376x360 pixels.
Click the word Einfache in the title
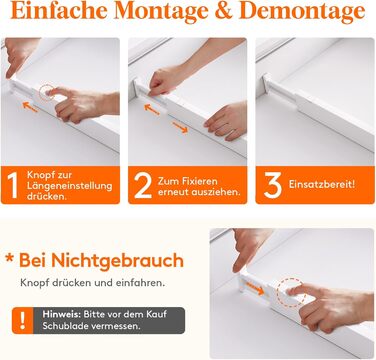click(60, 10)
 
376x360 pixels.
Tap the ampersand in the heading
click(224, 11)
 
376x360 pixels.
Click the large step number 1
click(12, 186)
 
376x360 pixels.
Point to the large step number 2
click(143, 186)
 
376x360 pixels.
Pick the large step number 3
click(272, 185)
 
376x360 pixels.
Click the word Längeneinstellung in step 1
click(69, 186)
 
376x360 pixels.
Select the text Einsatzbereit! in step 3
click(322, 184)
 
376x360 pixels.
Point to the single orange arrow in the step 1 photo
click(30, 107)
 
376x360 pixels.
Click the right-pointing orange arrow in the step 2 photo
click(180, 127)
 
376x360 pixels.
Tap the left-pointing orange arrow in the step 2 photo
click(152, 109)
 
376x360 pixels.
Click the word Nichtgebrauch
click(117, 260)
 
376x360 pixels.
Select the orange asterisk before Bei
click(9, 258)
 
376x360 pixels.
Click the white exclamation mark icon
click(22, 320)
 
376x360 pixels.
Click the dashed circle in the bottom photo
click(291, 292)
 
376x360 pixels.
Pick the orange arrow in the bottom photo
click(254, 288)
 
